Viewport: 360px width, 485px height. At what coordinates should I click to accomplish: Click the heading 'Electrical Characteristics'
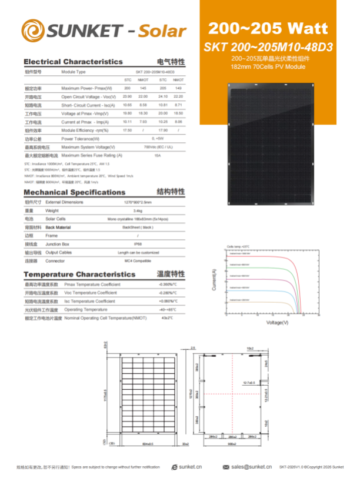(x=73, y=61)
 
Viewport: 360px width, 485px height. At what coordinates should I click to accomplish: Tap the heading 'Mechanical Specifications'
(x=74, y=192)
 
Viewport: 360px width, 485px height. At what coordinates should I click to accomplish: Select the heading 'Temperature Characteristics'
(x=79, y=274)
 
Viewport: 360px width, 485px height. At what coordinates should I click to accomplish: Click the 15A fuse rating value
(x=157, y=155)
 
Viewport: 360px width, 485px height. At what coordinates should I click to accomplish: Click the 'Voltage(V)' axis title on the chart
(x=278, y=322)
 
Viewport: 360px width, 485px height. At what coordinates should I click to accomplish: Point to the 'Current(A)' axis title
(x=214, y=280)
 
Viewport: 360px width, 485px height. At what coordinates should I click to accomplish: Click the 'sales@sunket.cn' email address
(x=251, y=467)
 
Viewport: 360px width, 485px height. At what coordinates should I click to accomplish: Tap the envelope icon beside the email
(x=225, y=467)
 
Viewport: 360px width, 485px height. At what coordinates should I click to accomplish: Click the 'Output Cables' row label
(x=75, y=252)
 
